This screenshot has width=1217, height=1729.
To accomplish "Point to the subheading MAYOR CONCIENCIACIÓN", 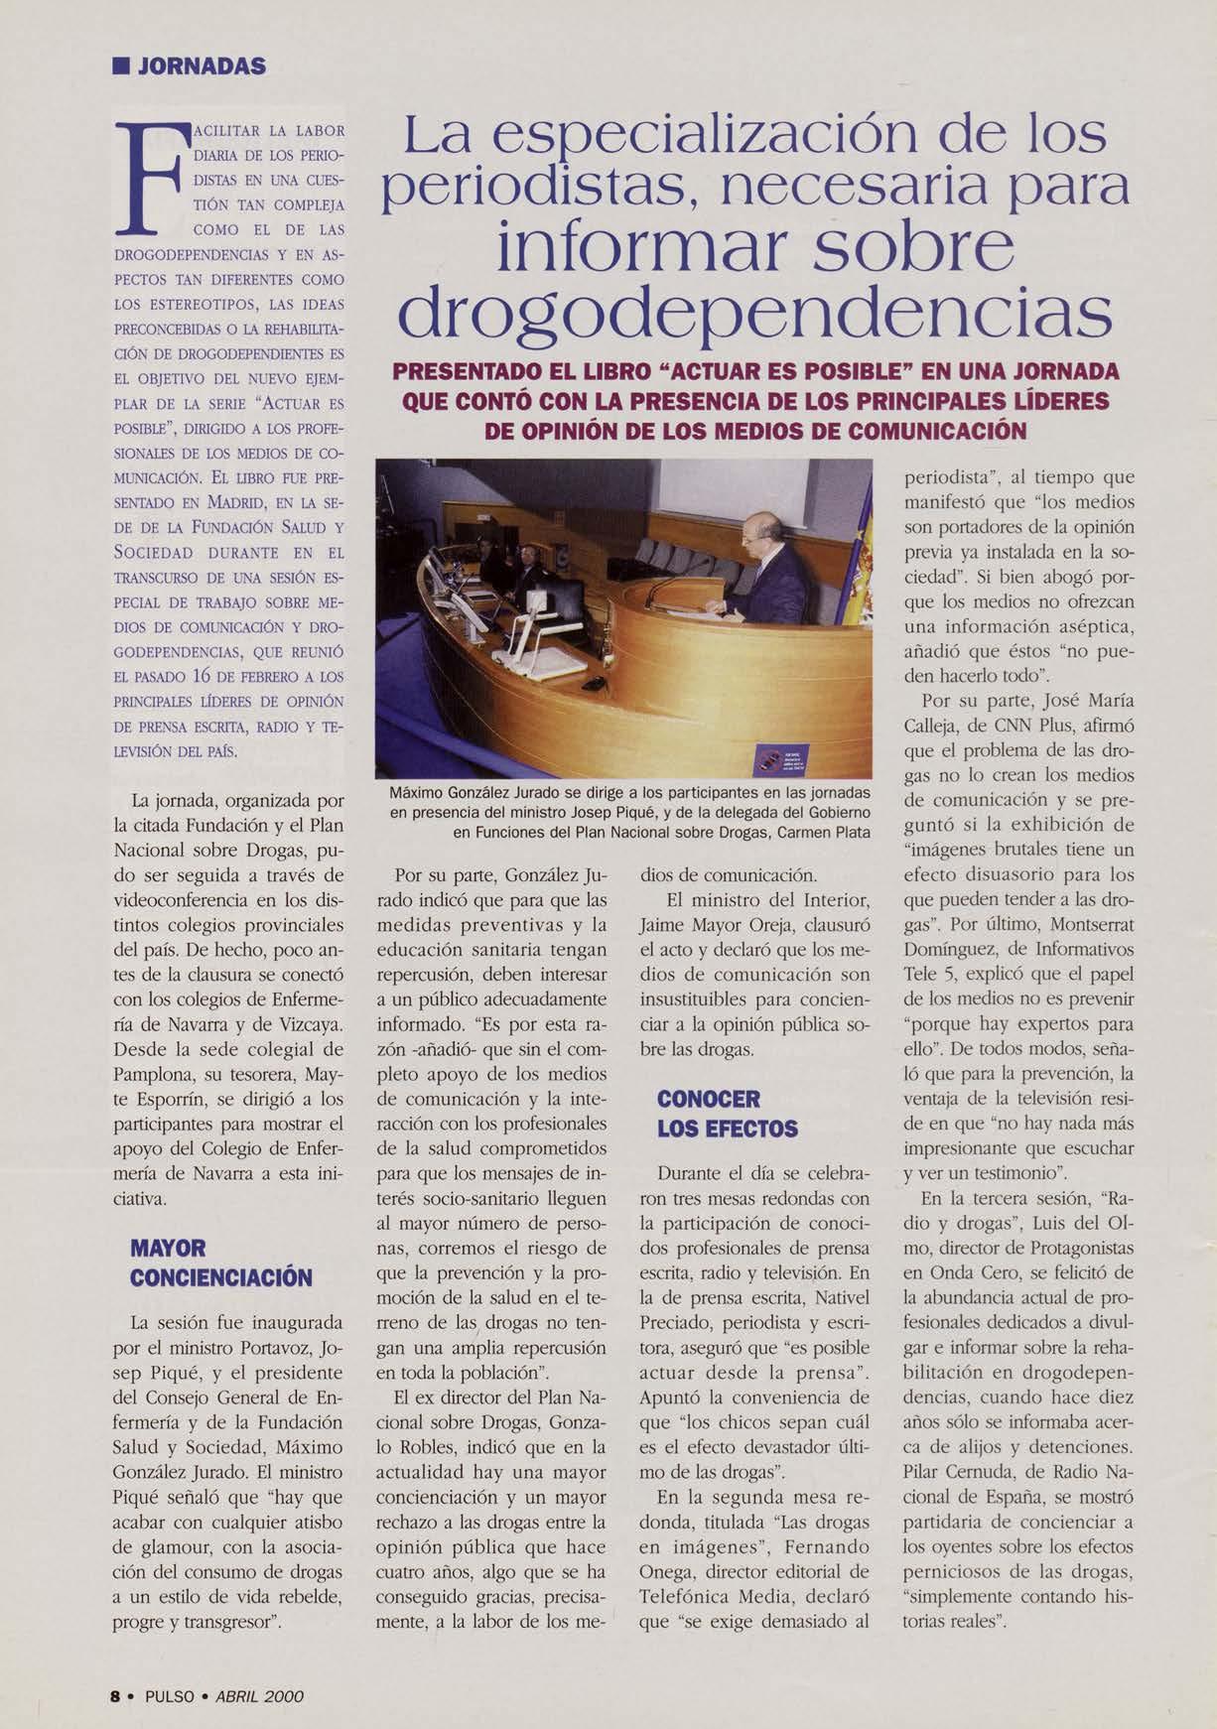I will point(221,1263).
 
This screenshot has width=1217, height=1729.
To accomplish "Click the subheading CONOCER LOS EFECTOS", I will point(728,1114).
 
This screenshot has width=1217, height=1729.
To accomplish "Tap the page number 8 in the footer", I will point(116,1696).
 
